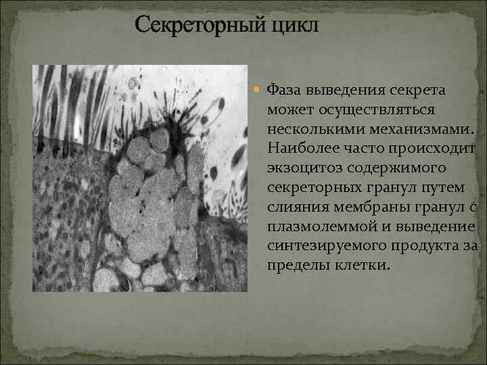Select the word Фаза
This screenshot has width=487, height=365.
[x=285, y=90]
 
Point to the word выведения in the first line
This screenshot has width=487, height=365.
[x=349, y=90]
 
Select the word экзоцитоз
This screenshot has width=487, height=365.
[x=302, y=166]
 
